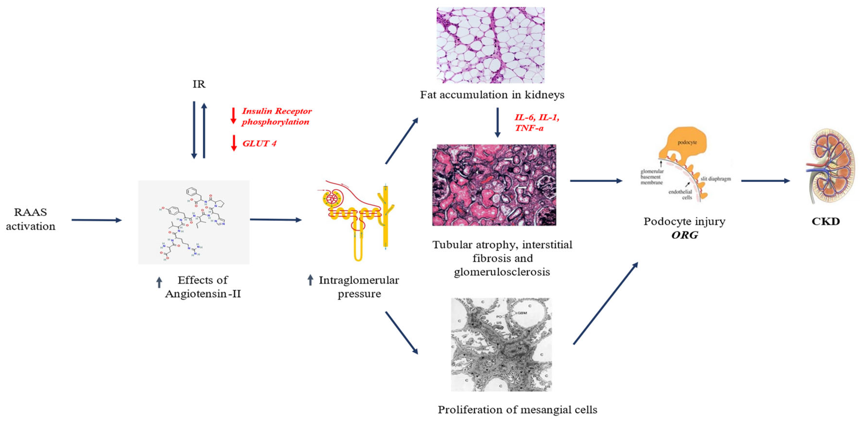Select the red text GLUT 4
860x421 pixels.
coord(259,143)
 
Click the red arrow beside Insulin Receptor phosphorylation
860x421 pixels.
coord(234,116)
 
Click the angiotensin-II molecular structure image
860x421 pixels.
coord(194,222)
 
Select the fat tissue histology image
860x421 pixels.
coord(490,45)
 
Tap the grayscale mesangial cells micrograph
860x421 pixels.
coord(501,344)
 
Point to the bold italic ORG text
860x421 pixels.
coord(685,235)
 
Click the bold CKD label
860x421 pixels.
coord(826,221)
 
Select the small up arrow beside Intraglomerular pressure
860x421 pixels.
coord(310,280)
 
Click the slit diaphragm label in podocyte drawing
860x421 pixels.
coord(716,179)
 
